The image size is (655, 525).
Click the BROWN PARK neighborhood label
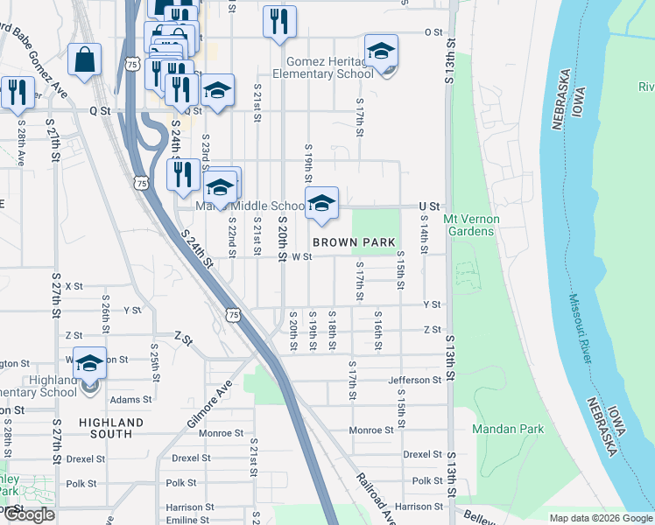click(x=355, y=241)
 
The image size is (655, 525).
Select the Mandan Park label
click(x=508, y=429)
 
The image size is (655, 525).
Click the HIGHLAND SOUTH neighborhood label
click(x=111, y=429)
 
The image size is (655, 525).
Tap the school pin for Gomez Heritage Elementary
click(x=381, y=52)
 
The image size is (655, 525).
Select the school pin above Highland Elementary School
click(x=89, y=363)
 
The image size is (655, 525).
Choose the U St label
click(x=428, y=206)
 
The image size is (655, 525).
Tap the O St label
click(x=433, y=32)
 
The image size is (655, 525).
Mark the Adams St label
click(x=131, y=399)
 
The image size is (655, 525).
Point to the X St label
click(x=74, y=286)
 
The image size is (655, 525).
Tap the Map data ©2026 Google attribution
click(x=600, y=518)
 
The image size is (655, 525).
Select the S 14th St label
click(x=423, y=237)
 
